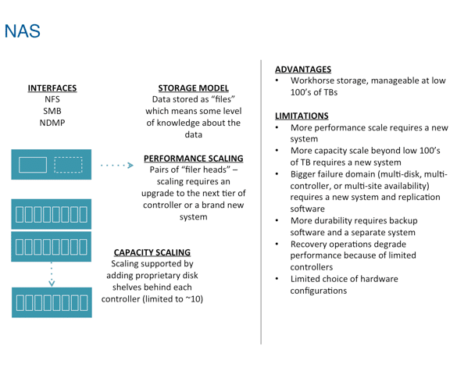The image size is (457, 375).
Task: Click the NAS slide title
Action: click(23, 31)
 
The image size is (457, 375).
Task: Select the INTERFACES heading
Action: click(52, 88)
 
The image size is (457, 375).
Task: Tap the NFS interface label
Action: click(52, 99)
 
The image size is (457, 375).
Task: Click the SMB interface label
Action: click(52, 111)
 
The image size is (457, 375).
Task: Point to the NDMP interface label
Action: click(52, 123)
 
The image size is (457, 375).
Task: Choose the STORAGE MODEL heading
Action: click(193, 88)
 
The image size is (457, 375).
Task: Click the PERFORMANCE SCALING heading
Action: click(193, 159)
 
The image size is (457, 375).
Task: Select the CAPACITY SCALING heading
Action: click(152, 252)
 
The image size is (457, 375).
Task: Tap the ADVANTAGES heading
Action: click(303, 70)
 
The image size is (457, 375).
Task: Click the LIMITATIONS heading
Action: click(302, 116)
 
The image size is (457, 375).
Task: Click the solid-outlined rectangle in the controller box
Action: click(33, 165)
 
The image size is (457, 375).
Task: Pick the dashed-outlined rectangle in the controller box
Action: click(68, 165)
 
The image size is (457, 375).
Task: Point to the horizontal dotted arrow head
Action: click(130, 165)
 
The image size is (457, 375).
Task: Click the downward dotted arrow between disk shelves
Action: click(52, 274)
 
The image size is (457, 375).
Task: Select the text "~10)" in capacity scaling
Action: click(195, 299)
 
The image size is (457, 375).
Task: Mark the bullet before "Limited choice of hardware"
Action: click(277, 279)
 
